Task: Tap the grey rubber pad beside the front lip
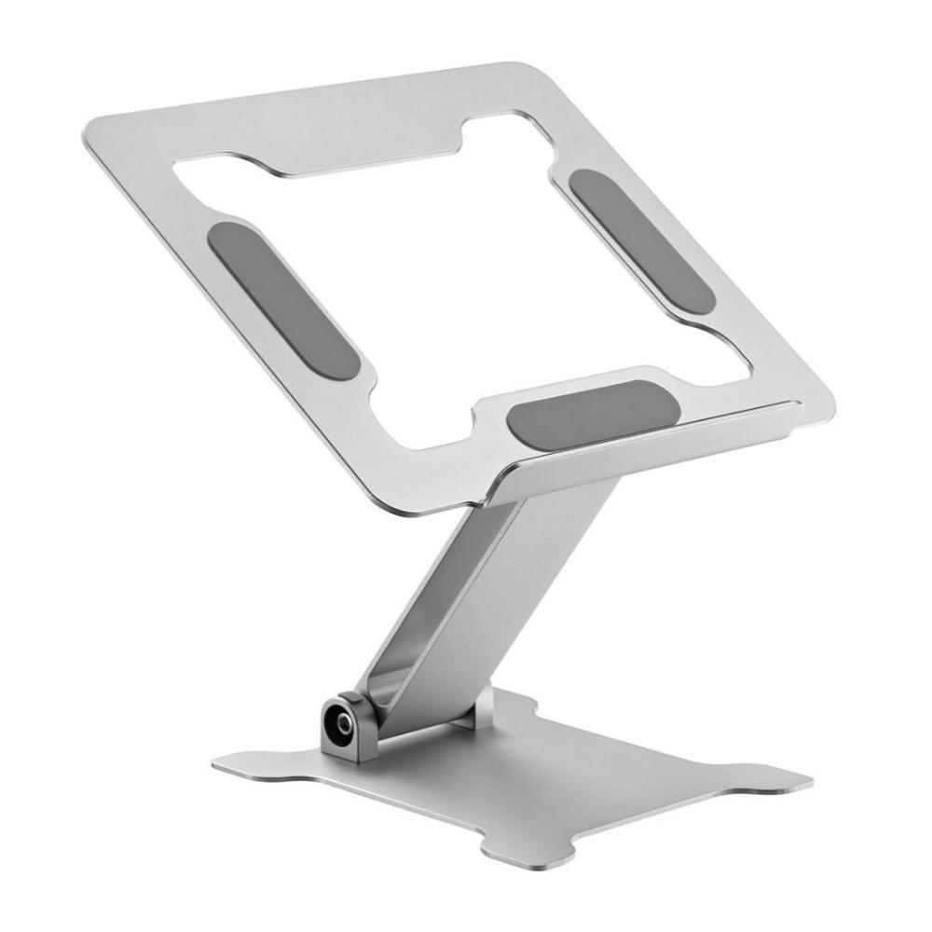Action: coord(592,415)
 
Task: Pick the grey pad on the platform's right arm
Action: coord(642,240)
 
